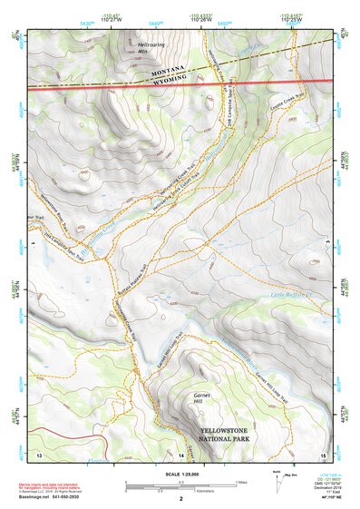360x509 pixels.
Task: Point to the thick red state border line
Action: [91, 86]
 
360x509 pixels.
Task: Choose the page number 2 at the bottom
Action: [180, 499]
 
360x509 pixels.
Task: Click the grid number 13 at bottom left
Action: [39, 453]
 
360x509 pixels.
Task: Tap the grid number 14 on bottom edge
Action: [180, 453]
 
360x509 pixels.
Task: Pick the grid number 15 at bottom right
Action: [322, 453]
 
